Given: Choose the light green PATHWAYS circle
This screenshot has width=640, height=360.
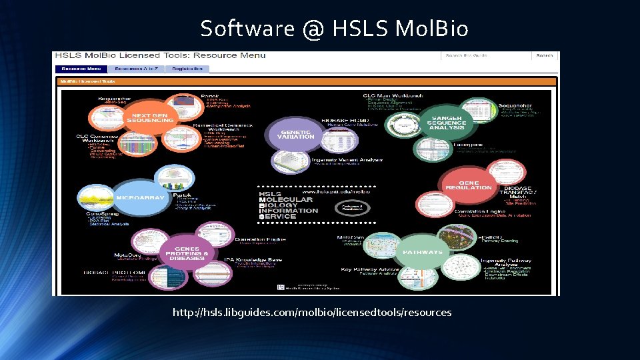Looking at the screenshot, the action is point(423,252).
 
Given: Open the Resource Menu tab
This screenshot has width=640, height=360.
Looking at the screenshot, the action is point(81,68).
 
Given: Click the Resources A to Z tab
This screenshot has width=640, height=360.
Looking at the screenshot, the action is point(137,68).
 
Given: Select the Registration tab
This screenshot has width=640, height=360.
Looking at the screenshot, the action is point(187,68).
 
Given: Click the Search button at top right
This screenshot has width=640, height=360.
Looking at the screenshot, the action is point(544,56).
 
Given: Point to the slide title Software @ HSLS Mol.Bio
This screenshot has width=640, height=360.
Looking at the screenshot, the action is point(334,29).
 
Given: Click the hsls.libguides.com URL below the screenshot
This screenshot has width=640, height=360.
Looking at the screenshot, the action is point(311,312).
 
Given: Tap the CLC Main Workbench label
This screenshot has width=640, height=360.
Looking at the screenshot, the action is point(393,96).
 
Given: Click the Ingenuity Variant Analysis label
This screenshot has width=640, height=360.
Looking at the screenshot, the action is point(348,160).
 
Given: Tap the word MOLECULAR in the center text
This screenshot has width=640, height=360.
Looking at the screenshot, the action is point(285,200).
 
